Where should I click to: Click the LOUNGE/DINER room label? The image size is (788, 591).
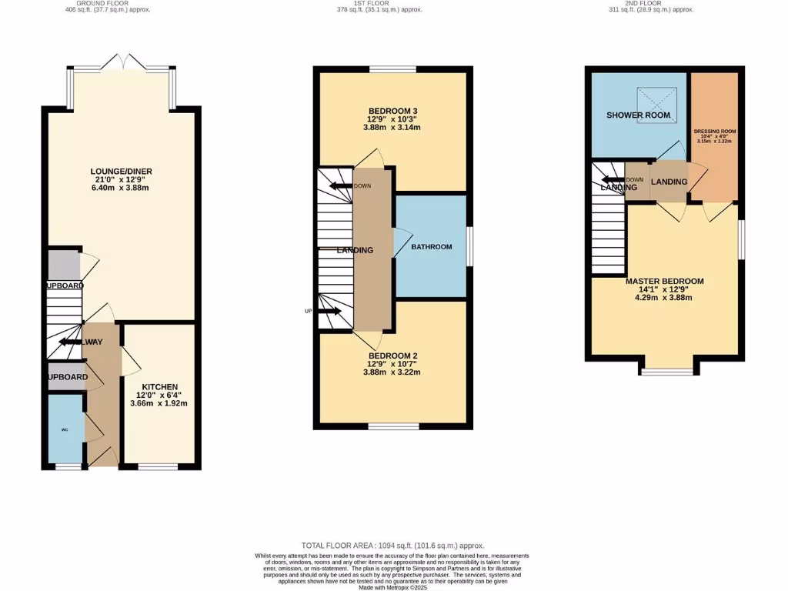pos(120,172)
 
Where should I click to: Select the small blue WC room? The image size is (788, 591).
pos(65,429)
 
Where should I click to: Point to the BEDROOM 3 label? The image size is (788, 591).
pos(392,118)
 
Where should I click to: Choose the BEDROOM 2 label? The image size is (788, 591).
pos(392,356)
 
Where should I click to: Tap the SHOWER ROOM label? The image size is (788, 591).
pos(638,115)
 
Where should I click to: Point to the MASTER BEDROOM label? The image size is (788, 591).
pos(664,282)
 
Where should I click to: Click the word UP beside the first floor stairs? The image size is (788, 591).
pos(308,312)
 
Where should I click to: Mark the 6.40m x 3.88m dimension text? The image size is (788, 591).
pos(120,189)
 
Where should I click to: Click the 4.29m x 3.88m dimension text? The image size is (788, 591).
pos(664,298)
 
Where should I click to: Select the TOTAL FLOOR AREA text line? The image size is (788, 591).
pos(393,545)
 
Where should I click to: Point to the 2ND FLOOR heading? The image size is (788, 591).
pos(659,4)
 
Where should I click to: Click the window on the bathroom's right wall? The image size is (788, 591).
pos(469,246)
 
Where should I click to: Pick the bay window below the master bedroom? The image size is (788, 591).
pos(666,372)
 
